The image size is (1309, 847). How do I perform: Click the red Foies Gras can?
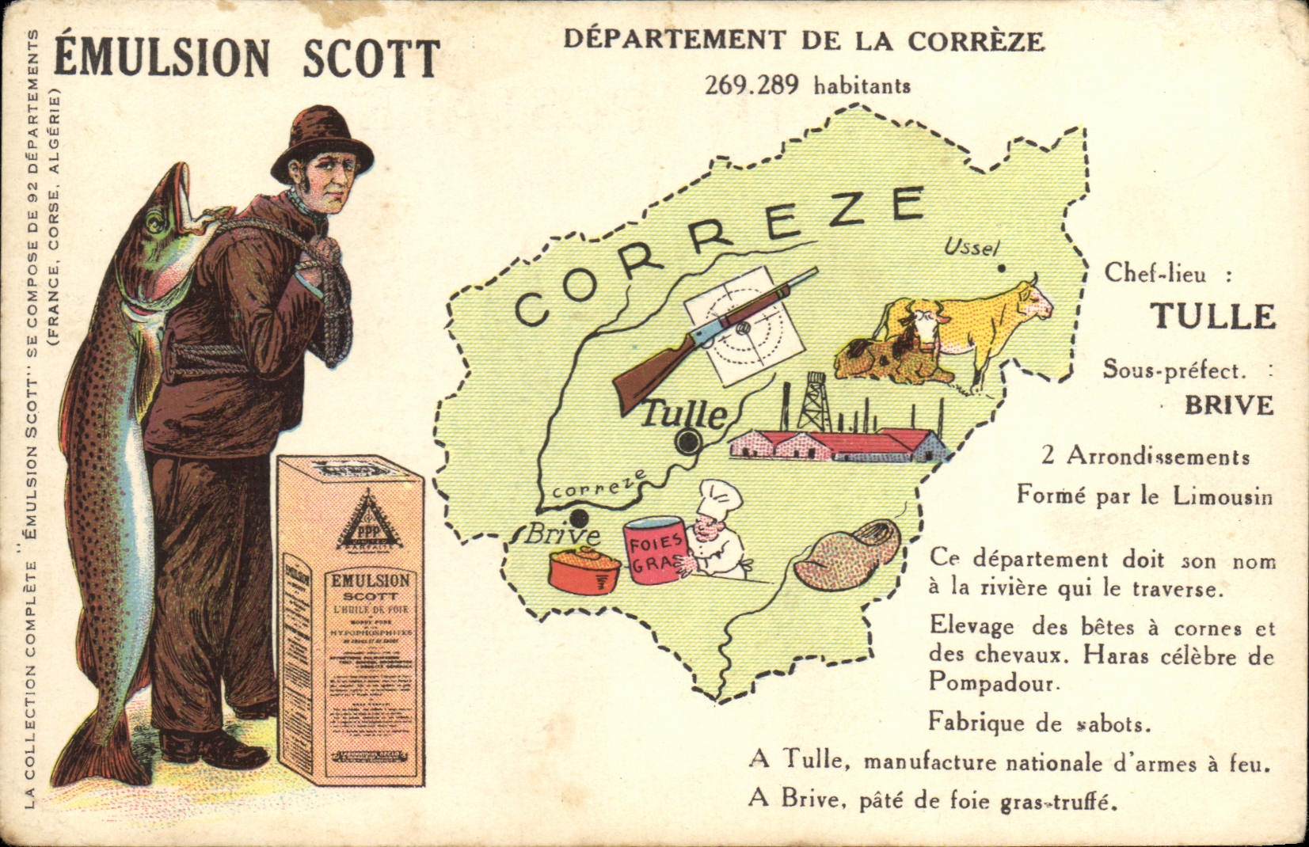coord(655,550)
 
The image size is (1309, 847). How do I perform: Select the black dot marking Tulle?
coord(687,442)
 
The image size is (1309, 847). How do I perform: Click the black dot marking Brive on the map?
coord(580,519)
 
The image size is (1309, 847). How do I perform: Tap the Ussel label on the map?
coord(972,248)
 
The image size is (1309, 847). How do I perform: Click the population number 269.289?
coord(752,85)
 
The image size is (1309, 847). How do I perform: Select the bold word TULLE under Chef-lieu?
coord(1212,316)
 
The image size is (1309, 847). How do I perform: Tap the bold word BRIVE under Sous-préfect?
coord(1228,405)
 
